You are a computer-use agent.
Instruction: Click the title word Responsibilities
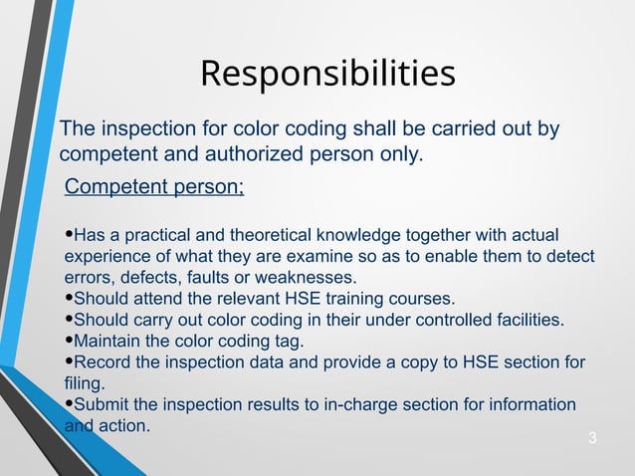click(327, 74)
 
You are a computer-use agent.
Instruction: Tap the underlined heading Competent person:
click(153, 187)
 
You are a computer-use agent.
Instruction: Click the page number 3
click(592, 438)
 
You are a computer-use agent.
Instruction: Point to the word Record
click(103, 361)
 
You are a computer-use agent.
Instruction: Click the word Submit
click(105, 404)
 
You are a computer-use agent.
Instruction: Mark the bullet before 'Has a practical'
click(69, 235)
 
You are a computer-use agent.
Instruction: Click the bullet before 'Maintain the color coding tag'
click(69, 341)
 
